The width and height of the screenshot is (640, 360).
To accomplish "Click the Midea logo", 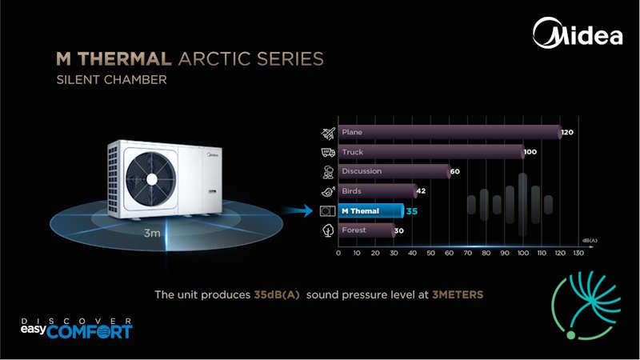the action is (578, 33).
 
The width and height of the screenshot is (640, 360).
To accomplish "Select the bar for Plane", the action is (450, 132).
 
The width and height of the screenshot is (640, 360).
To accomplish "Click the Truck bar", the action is (431, 152).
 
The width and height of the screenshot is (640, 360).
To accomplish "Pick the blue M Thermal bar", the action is (371, 211).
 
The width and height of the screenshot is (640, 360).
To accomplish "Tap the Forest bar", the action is (366, 230).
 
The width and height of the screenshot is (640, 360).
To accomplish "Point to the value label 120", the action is (567, 132).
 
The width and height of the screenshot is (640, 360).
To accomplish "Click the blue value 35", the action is (412, 211).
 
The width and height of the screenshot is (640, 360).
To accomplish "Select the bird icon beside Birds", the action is (328, 191).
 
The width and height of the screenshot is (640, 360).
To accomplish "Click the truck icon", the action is (328, 152).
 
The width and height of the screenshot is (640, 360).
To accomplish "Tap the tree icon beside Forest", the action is (328, 230).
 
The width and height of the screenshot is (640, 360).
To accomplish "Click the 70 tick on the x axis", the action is (468, 253).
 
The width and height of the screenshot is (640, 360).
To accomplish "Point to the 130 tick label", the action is (578, 253).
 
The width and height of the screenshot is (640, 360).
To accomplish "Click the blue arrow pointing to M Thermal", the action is (298, 211).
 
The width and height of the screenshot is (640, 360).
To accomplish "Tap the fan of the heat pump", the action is (151, 179).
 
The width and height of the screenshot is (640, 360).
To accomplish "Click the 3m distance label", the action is (152, 233).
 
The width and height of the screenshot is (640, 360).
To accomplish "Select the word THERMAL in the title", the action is (125, 58).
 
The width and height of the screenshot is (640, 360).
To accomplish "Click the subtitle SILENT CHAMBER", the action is (112, 79).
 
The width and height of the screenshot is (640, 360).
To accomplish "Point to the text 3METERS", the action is (458, 294).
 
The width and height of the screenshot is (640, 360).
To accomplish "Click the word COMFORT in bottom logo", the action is (90, 331).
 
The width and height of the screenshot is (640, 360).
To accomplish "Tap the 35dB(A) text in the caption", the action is (277, 294).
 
